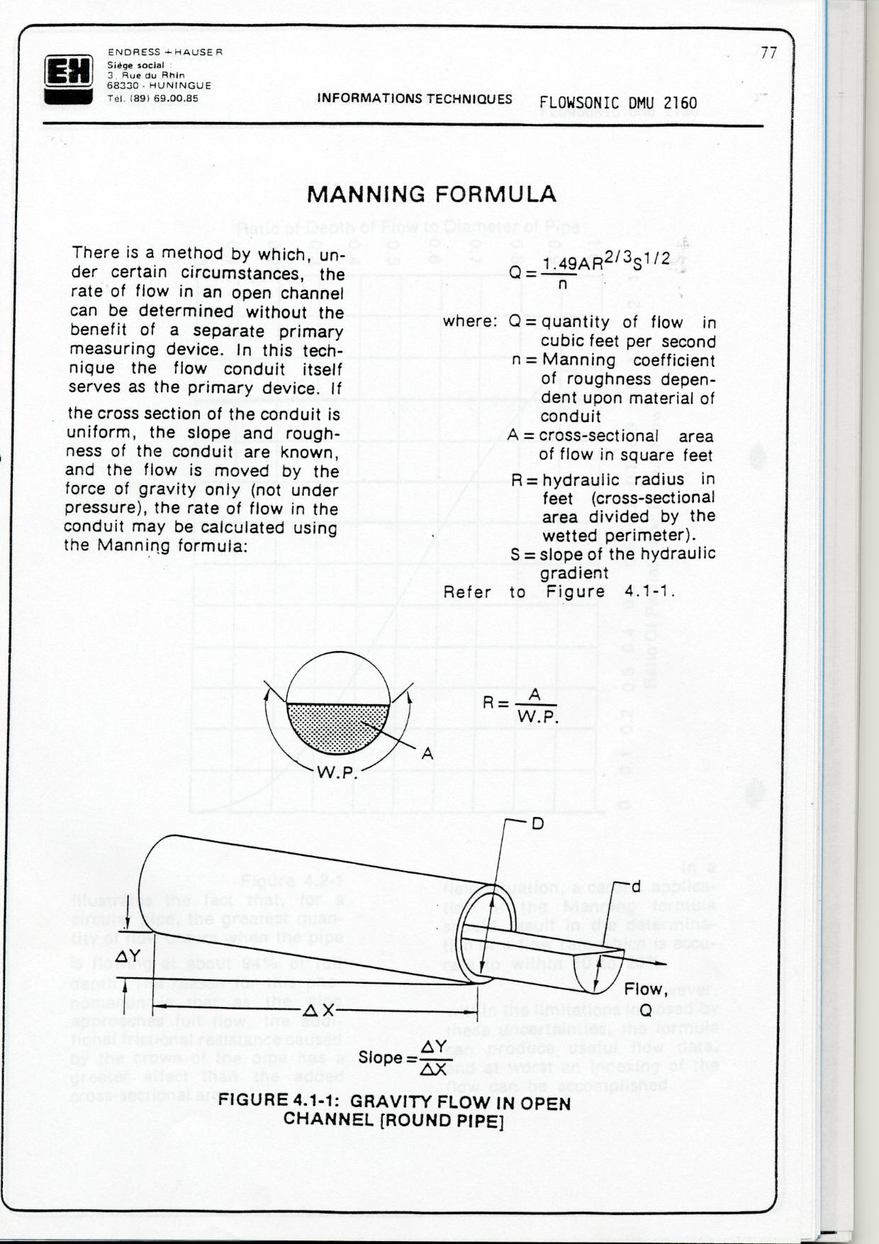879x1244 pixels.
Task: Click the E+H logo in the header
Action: pos(68,77)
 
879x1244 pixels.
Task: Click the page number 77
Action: pos(768,53)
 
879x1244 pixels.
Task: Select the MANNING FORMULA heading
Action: pos(431,194)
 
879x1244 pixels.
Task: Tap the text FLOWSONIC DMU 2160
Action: pos(617,104)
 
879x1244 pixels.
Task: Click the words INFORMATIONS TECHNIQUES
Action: pos(414,99)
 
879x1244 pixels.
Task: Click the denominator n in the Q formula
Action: pos(562,284)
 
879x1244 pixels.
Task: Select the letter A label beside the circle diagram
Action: pos(427,754)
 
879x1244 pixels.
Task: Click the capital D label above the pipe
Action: pos(537,823)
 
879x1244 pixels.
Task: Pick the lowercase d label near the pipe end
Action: pos(636,887)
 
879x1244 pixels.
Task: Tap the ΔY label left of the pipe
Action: pos(128,957)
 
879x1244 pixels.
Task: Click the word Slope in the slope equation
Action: pos(381,1057)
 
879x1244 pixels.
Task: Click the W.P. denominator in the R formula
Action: pos(538,717)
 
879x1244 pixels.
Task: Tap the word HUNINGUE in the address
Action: pos(180,85)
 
